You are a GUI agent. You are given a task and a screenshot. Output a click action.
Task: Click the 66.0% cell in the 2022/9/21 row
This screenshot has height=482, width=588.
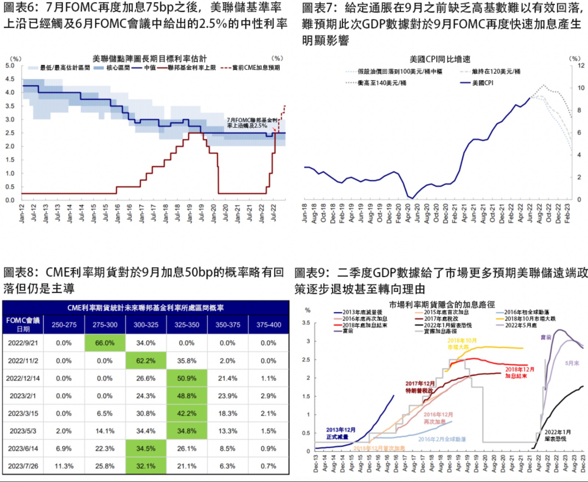tap(105, 343)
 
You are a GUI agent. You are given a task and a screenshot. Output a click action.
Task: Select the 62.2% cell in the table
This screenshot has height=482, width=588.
tap(146, 361)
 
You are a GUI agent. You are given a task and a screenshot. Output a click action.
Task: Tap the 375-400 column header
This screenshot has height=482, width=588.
tap(269, 325)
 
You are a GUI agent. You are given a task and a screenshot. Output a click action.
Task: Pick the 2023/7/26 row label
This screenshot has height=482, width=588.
tap(23, 466)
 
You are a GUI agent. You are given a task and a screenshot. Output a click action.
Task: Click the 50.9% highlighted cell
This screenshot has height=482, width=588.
tap(187, 378)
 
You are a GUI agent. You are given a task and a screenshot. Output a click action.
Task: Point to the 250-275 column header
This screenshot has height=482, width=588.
tap(64, 325)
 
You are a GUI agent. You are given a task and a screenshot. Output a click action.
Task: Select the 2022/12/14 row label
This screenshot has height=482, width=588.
tap(23, 378)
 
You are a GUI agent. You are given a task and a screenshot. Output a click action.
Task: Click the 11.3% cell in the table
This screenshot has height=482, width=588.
tap(64, 466)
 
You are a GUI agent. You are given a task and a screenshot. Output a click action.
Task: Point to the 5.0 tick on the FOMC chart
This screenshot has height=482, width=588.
tap(10, 66)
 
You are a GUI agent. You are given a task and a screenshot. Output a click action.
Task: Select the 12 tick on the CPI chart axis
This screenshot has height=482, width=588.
tap(581, 66)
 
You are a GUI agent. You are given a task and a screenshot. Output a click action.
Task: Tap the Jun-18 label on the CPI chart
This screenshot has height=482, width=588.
tap(305, 213)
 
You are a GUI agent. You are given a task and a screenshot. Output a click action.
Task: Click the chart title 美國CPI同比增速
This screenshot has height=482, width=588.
tap(440, 59)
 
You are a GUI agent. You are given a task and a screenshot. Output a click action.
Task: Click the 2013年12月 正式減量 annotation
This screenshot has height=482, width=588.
tap(341, 433)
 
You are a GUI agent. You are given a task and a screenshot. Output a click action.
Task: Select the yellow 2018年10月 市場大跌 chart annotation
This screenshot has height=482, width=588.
tap(462, 344)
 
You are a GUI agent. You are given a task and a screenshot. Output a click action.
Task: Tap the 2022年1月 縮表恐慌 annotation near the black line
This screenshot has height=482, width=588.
tap(557, 435)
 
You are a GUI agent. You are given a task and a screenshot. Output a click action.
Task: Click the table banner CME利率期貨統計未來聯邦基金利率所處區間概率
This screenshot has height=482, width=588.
tap(146, 308)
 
